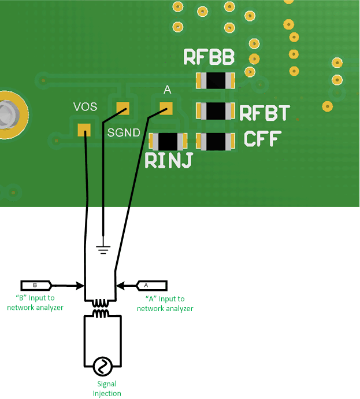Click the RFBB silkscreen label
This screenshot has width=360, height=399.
[x=209, y=57]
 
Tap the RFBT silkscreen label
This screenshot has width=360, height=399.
[x=264, y=113]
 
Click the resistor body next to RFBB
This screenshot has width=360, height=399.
[x=216, y=80]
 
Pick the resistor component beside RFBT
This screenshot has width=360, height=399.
[x=216, y=110]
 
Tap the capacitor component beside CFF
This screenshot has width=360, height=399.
[x=216, y=141]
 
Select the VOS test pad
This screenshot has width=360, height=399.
[x=84, y=130]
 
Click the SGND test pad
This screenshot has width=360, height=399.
[x=123, y=108]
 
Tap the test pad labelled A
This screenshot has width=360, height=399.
[x=166, y=108]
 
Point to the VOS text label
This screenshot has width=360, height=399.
[x=85, y=107]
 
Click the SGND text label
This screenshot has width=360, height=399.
[x=124, y=132]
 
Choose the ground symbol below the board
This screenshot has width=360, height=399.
[x=103, y=249]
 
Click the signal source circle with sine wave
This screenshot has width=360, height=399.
[x=103, y=366]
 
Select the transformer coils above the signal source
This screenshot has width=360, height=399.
[x=103, y=308]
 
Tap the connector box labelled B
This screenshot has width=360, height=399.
[x=36, y=285]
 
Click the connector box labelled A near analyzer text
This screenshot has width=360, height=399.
[x=151, y=285]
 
